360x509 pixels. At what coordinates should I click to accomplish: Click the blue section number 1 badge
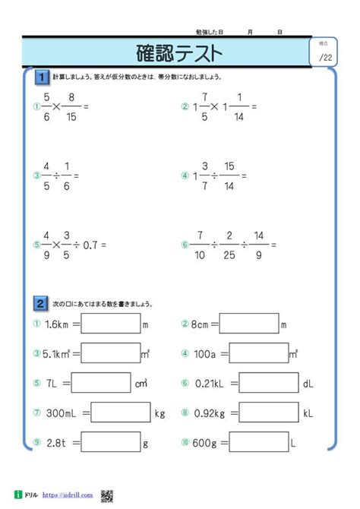coord(42,77)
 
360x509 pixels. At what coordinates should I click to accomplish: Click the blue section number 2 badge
coord(42,302)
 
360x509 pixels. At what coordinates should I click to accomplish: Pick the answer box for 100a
coord(257,353)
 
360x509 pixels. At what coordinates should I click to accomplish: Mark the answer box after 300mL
coord(121,414)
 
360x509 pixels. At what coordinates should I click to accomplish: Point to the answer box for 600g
coord(257,442)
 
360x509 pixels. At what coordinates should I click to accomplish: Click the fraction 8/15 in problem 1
coord(72,106)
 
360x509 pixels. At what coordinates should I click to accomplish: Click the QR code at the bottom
coord(106,495)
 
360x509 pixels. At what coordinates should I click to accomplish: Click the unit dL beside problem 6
coord(308,384)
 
